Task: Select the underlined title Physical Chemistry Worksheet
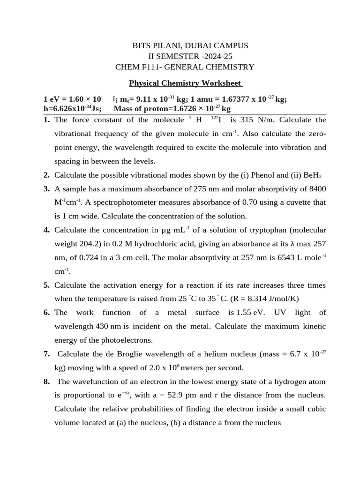click(186, 83)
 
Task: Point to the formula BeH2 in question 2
click(312, 176)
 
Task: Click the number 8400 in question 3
click(316, 189)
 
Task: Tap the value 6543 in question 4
click(284, 257)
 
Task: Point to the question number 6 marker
click(46, 313)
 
